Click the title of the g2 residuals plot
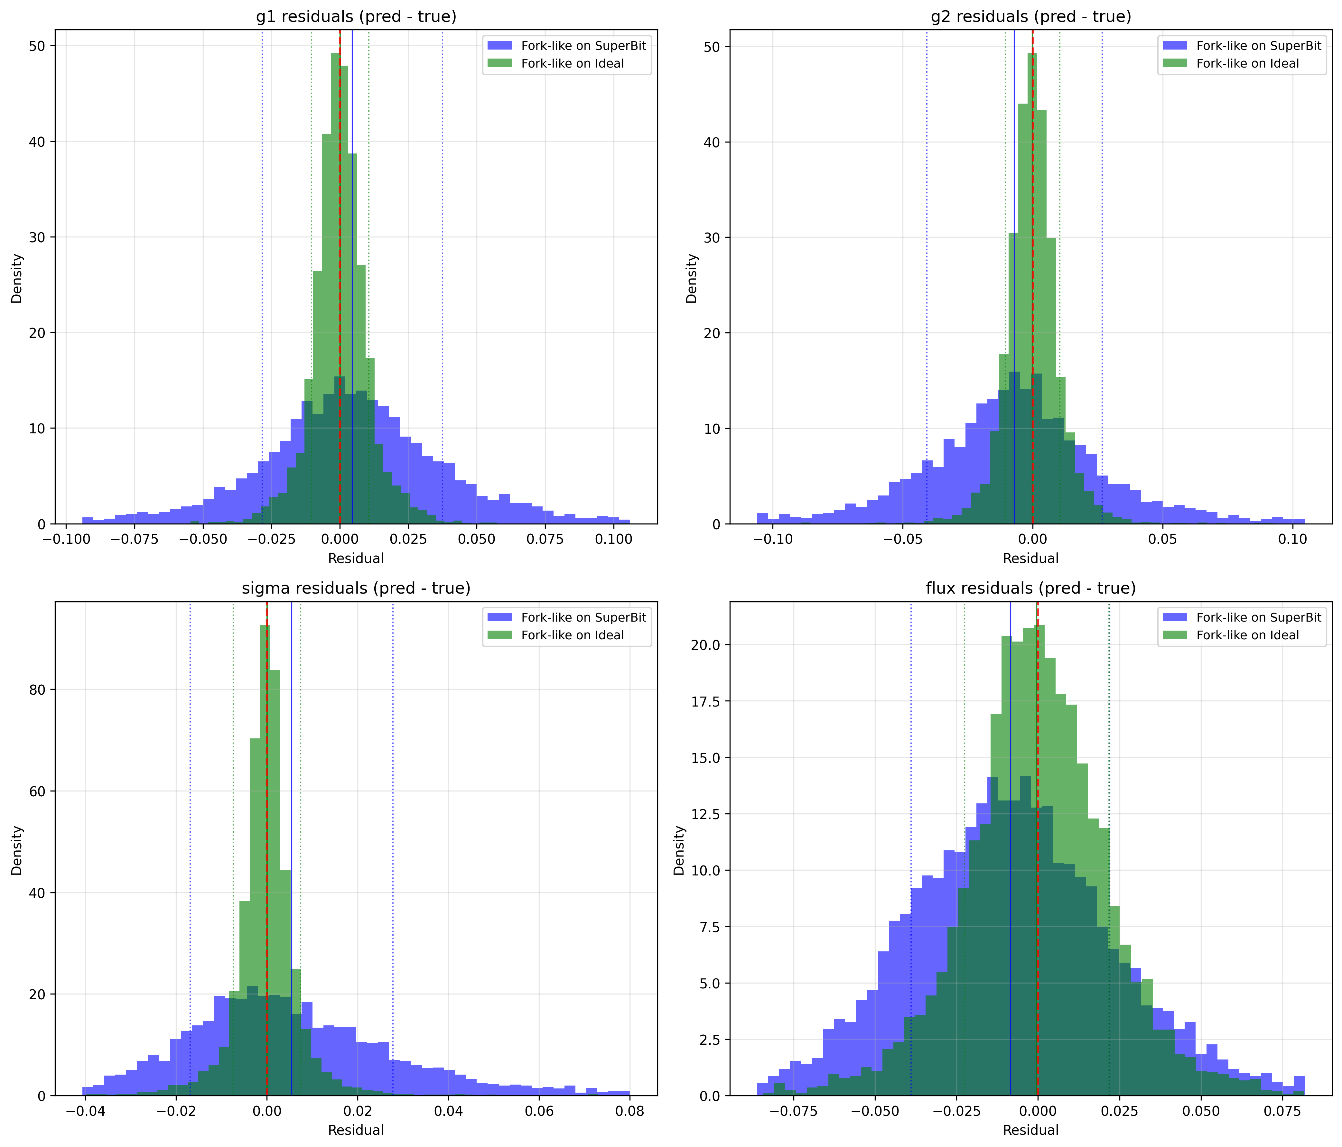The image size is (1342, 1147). pos(1030,17)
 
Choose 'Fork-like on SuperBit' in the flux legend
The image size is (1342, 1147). pos(1258,618)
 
